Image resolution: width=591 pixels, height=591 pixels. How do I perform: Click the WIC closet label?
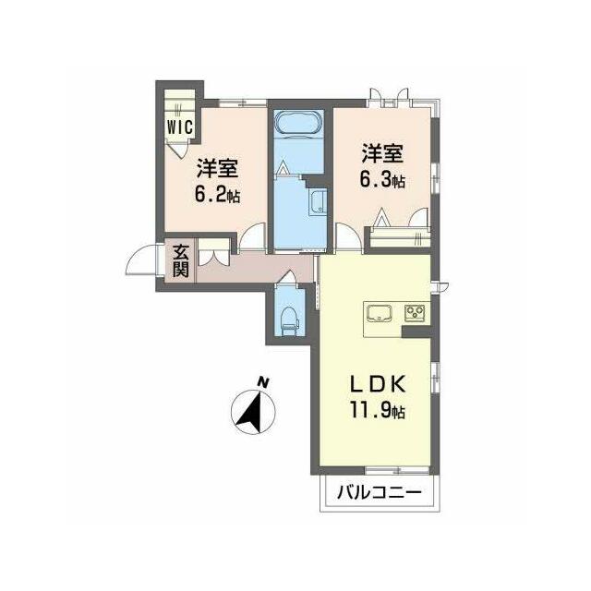tap(180, 127)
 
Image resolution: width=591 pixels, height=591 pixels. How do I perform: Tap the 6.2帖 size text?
tap(217, 195)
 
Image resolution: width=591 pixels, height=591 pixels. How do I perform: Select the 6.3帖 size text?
tap(382, 180)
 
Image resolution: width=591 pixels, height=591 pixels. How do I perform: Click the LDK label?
tap(378, 384)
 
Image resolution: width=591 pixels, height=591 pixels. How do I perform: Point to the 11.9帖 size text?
tap(378, 410)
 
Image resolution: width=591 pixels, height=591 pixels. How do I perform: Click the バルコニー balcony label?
tap(379, 492)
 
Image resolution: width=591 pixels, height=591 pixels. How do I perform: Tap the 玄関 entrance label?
tap(181, 261)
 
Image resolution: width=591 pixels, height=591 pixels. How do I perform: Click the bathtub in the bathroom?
tap(299, 122)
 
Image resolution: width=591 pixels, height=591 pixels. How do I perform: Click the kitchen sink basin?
tap(380, 313)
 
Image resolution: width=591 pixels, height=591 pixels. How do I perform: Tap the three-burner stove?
tap(415, 313)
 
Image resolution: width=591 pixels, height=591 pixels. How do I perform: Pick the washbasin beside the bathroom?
tap(316, 202)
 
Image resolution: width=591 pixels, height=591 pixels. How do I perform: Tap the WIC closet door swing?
tap(177, 150)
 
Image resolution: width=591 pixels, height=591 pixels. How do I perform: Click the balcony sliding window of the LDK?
tap(397, 470)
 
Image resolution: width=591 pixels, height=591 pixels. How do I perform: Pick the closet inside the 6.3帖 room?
tap(400, 237)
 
